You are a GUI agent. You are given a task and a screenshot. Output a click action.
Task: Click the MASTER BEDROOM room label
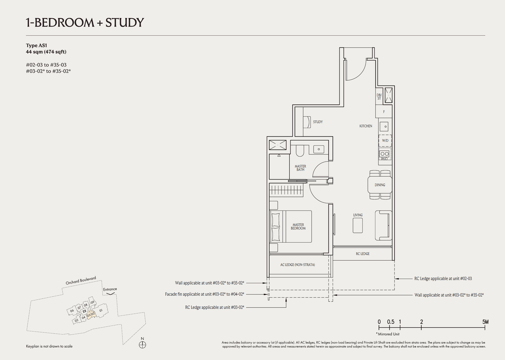(298, 227)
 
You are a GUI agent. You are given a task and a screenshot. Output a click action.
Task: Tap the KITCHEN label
(365, 126)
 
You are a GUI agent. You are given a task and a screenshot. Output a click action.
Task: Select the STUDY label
(318, 122)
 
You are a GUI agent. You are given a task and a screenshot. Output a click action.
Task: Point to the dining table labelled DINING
(380, 185)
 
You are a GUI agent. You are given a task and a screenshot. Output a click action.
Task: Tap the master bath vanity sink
(318, 149)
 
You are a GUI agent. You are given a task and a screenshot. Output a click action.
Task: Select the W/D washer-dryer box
(385, 140)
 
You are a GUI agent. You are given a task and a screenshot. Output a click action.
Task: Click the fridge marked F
(384, 112)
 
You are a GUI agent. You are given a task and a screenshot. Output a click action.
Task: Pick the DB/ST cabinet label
(379, 97)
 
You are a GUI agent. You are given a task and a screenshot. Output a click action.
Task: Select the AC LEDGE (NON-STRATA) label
(297, 265)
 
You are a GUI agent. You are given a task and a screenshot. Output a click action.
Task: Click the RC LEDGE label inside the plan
(362, 254)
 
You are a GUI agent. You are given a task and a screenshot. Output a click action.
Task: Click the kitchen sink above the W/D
(384, 127)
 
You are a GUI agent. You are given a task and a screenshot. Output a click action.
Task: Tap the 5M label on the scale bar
(485, 322)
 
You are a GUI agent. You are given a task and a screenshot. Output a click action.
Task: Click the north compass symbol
(142, 345)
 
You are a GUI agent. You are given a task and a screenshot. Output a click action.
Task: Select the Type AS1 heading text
(36, 45)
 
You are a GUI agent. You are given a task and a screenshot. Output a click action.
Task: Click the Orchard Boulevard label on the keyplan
(81, 280)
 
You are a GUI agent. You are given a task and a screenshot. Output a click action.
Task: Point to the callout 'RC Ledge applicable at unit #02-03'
(443, 279)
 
